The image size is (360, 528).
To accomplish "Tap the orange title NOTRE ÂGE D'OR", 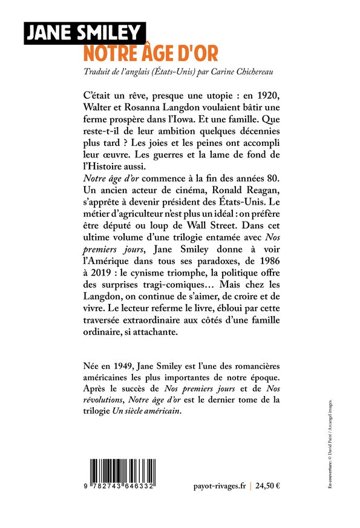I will click(150, 53).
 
